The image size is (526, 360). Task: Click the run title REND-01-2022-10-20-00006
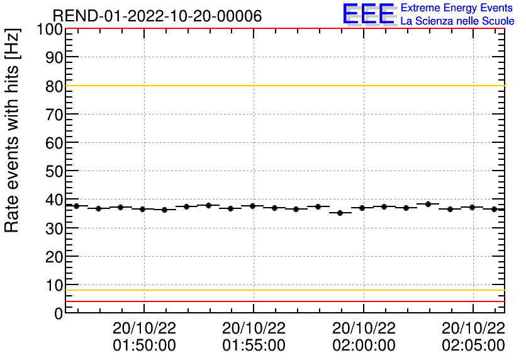point(157,16)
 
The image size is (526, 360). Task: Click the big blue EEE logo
point(369,14)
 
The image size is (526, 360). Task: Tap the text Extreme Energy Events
point(457,8)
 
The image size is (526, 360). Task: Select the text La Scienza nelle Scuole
point(457,21)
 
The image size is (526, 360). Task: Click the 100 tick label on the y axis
point(49,30)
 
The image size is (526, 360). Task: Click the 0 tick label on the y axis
point(58,313)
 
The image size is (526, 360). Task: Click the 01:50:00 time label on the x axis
point(144,346)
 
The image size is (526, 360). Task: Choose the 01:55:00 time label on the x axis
point(254,346)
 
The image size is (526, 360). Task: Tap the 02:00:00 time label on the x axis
point(364,346)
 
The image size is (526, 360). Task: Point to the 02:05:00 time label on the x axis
point(473,346)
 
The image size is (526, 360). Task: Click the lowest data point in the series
point(340,213)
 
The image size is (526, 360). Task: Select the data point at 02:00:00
point(362,208)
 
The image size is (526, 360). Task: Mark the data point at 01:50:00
point(143,209)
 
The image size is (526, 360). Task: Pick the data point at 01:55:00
point(252,206)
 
